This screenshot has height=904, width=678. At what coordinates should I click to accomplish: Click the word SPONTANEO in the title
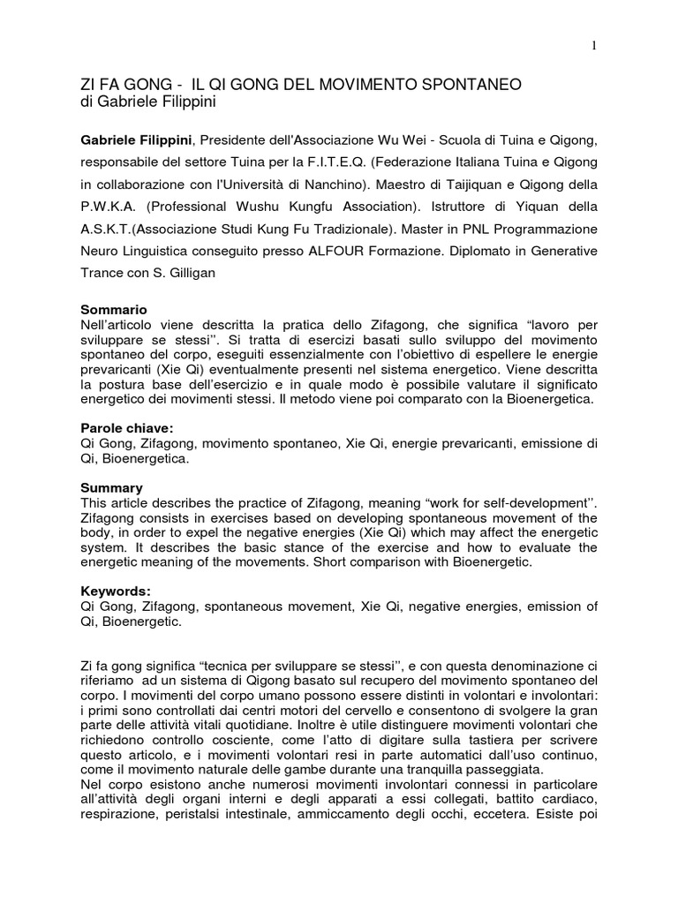(469, 85)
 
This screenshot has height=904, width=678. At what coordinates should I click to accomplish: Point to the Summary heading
(111, 486)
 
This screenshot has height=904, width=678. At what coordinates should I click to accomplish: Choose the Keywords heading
(114, 592)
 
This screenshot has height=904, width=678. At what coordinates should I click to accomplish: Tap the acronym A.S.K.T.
(111, 229)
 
